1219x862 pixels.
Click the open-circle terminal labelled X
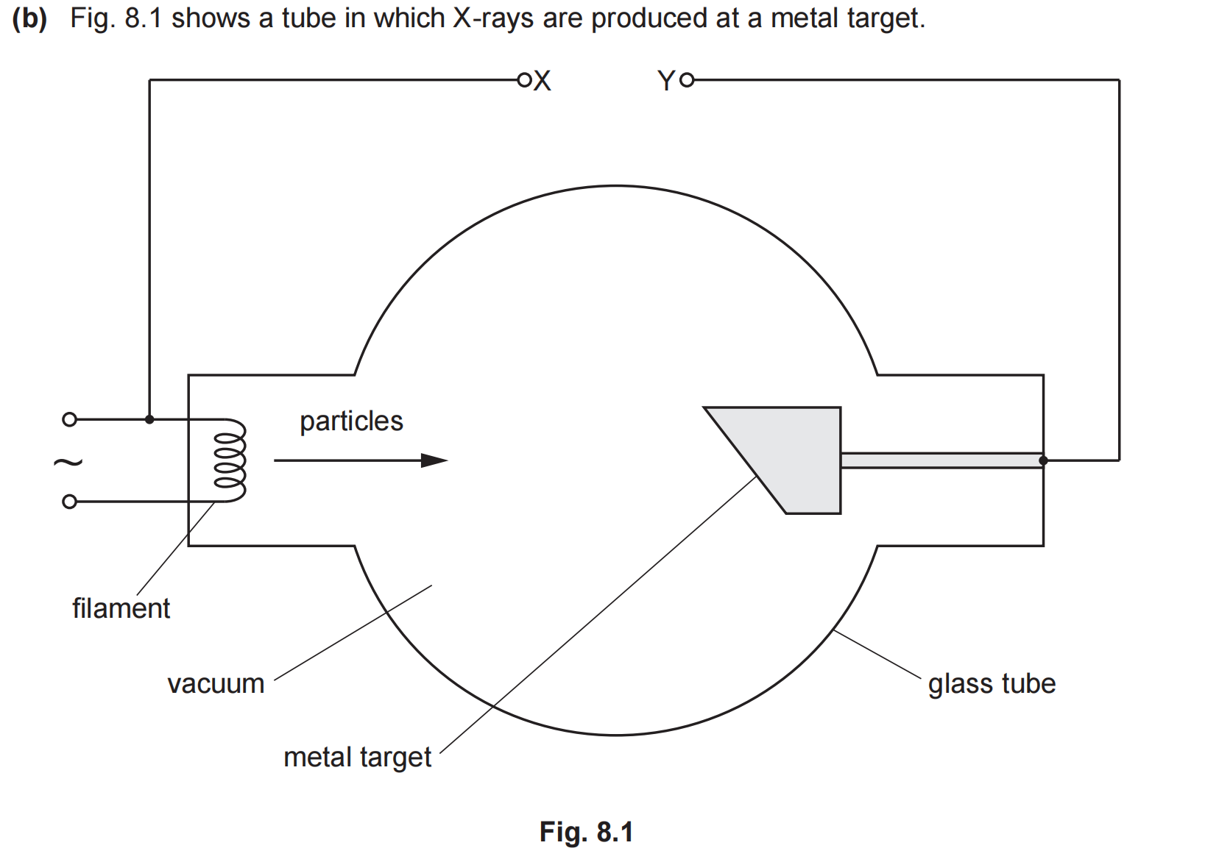coord(524,80)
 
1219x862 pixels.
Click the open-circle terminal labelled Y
coord(687,80)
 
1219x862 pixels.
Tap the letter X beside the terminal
coord(543,81)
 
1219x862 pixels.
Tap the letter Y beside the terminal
coord(666,81)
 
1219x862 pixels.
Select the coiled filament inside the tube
coord(229,460)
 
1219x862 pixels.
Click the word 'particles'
coord(351,421)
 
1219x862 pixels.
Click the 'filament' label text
coord(121,609)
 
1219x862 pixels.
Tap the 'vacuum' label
coord(216,684)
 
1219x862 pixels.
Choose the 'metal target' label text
coord(357,758)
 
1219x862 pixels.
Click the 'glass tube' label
coord(992,684)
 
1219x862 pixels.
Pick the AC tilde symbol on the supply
coord(68,463)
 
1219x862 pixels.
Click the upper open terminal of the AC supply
coord(70,420)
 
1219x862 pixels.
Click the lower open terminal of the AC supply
coord(70,502)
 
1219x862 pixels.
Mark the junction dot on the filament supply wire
coord(149,420)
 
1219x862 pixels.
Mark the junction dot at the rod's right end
coord(1043,461)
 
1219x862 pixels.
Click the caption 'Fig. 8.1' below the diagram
coord(587,832)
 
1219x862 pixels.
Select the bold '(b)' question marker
coord(30,18)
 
